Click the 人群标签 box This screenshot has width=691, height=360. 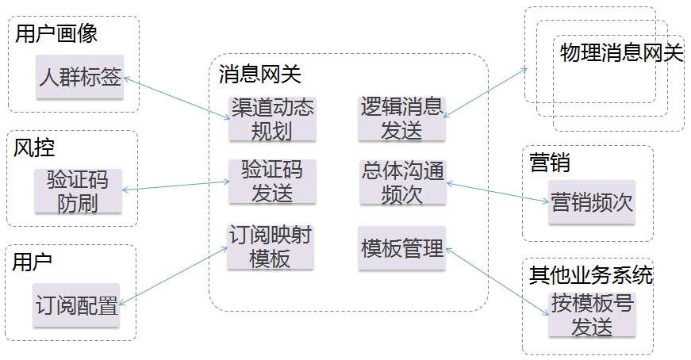[x=80, y=77]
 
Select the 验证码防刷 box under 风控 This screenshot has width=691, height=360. [x=78, y=191]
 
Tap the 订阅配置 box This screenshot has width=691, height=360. [x=76, y=304]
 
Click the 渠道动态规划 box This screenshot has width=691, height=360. [x=271, y=119]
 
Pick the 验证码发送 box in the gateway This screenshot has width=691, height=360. [x=271, y=180]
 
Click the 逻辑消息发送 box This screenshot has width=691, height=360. [x=401, y=119]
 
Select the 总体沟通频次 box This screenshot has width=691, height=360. [x=401, y=182]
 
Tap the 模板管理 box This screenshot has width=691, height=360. [x=401, y=247]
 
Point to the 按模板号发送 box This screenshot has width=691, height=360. [x=591, y=314]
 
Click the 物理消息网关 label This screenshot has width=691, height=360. [x=621, y=53]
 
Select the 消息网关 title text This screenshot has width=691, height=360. [x=259, y=74]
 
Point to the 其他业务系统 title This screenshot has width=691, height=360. [x=591, y=275]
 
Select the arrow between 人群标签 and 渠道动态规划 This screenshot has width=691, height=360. [x=176, y=98]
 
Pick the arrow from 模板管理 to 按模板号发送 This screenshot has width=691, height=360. [x=497, y=281]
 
